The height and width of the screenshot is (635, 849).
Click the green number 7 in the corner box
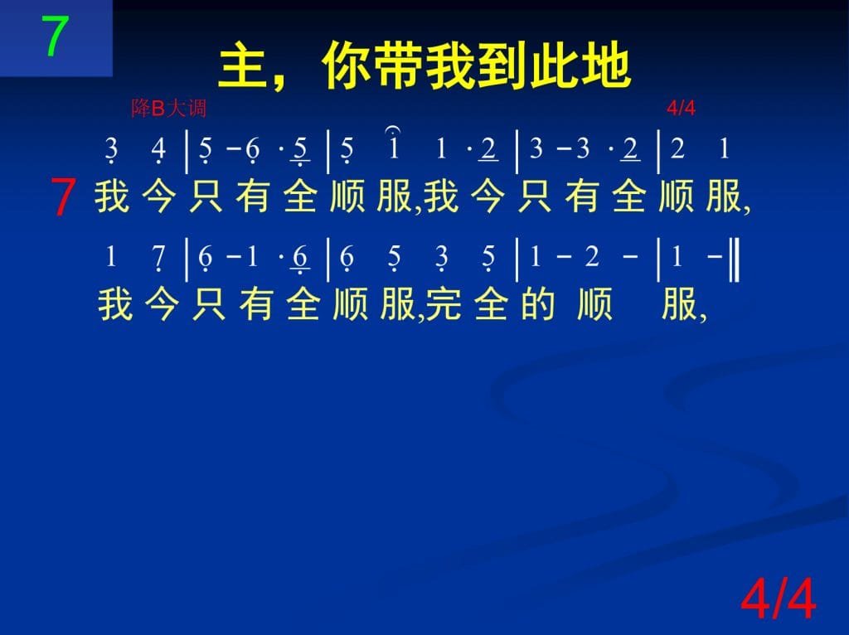tap(56, 36)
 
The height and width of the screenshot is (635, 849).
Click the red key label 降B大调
tap(168, 109)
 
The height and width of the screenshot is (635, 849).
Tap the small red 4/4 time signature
tap(681, 109)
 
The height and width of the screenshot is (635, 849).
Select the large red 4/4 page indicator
tap(778, 599)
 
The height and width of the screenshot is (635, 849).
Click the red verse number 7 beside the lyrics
tap(63, 197)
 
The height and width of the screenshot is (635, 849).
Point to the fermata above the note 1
tap(393, 130)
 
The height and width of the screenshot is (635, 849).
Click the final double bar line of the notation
tap(734, 259)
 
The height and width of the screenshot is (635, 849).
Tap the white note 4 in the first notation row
tap(158, 150)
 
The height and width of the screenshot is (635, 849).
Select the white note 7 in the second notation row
tap(158, 258)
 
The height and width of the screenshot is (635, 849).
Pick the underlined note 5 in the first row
tap(300, 151)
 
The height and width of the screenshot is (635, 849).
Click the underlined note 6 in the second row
tap(300, 259)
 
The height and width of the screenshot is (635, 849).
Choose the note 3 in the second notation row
tap(442, 258)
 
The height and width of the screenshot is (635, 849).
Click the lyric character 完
tap(444, 305)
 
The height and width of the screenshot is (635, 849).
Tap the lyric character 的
tap(537, 305)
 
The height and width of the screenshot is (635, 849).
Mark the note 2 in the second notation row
tap(591, 257)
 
